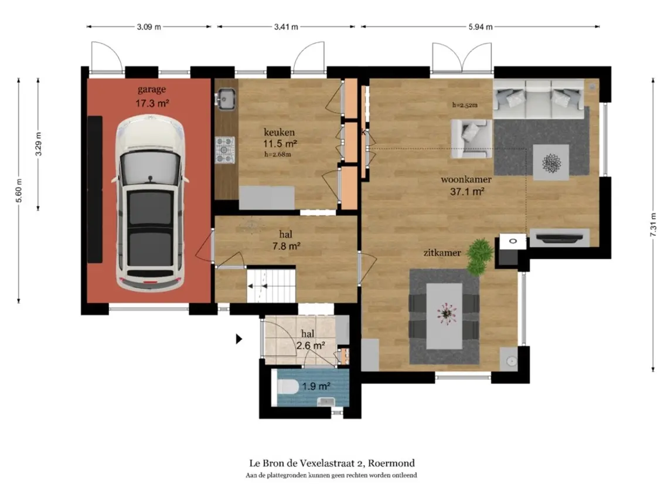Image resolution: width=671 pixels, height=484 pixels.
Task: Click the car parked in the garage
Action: [150, 203]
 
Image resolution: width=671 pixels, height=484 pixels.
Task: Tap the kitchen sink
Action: [225, 99]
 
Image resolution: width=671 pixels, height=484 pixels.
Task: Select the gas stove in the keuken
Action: [224, 150]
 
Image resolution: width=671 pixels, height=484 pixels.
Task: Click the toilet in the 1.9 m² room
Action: [288, 387]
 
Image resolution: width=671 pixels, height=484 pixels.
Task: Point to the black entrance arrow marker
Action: [239, 339]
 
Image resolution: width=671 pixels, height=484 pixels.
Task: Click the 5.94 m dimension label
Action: [481, 26]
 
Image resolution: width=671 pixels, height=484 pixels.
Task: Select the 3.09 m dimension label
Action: [149, 26]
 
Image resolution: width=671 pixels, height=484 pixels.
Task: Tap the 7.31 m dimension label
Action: [653, 225]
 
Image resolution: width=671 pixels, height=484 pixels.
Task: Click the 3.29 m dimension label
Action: [38, 145]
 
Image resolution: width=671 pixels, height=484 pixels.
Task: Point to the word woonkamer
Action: [466, 180]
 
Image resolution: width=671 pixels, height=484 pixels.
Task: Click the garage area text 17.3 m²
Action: [152, 103]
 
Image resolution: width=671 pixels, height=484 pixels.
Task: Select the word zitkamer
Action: [442, 253]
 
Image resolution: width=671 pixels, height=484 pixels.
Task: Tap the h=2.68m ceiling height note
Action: [278, 154]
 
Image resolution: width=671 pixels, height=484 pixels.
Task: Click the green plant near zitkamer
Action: [479, 256]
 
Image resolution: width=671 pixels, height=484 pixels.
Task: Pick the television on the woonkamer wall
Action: [560, 238]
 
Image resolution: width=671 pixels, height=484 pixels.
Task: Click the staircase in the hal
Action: [271, 285]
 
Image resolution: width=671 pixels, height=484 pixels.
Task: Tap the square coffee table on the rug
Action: [551, 163]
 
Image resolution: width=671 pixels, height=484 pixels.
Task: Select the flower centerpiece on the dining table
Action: [446, 313]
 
